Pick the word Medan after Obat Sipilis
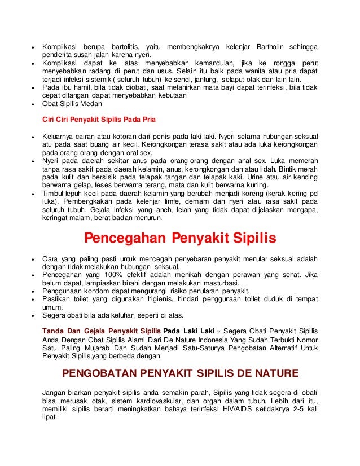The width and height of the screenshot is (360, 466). tap(91, 104)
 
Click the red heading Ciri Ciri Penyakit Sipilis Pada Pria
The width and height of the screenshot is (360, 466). tap(99, 120)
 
